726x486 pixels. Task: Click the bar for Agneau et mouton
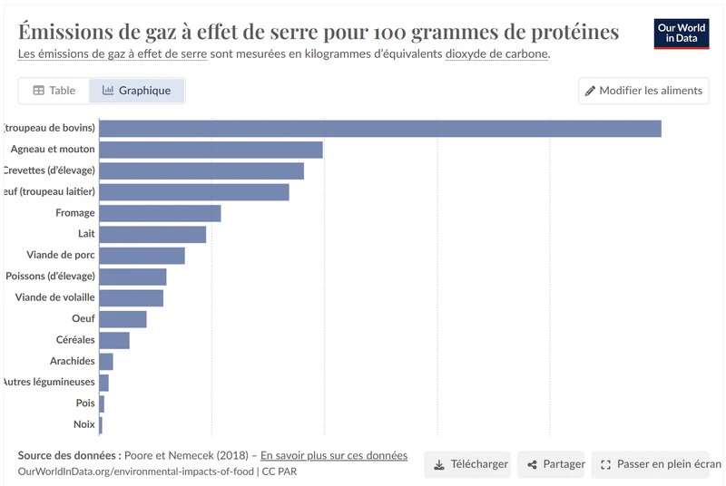coord(211,150)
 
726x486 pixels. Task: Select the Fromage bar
coord(160,213)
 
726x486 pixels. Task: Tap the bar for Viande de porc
coord(142,256)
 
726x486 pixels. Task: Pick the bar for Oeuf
coord(123,319)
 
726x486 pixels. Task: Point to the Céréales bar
coord(114,340)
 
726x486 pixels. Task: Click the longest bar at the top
coord(379,129)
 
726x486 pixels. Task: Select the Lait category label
coord(86,234)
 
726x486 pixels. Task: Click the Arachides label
coord(73,361)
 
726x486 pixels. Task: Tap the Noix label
coord(84,424)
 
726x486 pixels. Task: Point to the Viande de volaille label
coord(54,297)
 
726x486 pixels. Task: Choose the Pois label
coord(85,403)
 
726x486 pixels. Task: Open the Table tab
coord(54,91)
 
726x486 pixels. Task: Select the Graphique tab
coord(137,91)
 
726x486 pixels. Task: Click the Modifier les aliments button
coord(643,91)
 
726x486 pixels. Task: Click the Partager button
coord(556,464)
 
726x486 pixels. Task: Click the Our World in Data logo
coord(682,34)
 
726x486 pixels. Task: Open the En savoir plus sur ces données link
coord(333,455)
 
